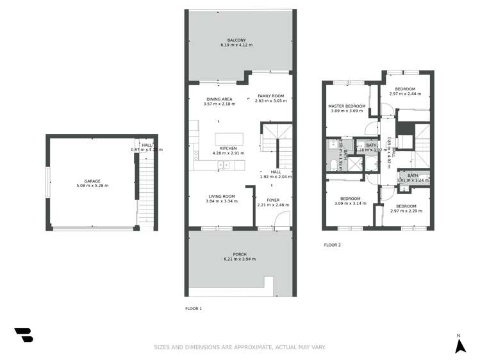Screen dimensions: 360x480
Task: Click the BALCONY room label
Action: tap(236, 40)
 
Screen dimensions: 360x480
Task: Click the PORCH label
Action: tap(240, 254)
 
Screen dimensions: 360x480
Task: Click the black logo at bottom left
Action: tap(23, 334)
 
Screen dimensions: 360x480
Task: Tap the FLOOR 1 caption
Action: tap(194, 309)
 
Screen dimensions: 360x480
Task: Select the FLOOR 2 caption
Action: tap(332, 245)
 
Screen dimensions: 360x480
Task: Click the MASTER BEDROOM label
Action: tap(347, 106)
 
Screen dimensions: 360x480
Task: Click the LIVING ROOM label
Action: tap(221, 196)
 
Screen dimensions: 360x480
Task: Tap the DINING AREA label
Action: tap(218, 99)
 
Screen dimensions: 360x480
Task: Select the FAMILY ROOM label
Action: tap(270, 95)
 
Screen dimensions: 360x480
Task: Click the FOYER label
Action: tap(273, 200)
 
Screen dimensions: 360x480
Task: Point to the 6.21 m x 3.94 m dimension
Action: tap(240, 260)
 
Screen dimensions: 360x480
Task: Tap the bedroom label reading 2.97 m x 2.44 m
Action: tap(405, 94)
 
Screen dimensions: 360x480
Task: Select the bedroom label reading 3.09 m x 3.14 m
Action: tap(350, 204)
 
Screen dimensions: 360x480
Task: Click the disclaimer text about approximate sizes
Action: tap(240, 347)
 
